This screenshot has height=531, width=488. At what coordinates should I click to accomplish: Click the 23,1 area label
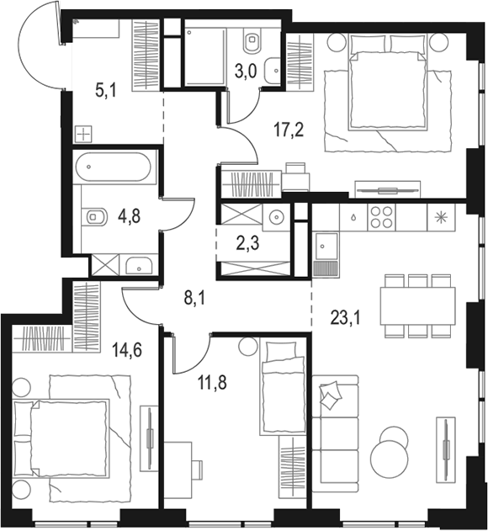pos(346,318)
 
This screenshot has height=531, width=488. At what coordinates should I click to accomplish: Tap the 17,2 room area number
pos(289,130)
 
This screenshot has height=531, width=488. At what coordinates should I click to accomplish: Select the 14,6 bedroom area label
pos(127,350)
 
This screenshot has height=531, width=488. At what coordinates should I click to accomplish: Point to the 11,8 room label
pos(212,383)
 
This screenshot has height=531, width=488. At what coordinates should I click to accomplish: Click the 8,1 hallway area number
pos(194,299)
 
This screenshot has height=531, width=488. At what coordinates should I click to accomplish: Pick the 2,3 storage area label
pos(248,243)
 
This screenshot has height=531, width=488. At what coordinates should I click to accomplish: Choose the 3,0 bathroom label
pos(246,72)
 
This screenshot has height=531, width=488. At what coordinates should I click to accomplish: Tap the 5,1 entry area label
pos(106,90)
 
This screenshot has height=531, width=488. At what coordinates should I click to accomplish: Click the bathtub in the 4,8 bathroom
pos(113,167)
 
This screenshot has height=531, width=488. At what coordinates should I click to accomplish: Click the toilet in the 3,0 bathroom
pos(252,40)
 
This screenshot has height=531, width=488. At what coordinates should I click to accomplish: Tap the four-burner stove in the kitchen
pos(381,217)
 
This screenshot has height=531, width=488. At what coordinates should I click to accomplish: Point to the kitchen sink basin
pos(325,247)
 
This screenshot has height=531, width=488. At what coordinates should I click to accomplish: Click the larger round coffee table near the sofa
pos(389,459)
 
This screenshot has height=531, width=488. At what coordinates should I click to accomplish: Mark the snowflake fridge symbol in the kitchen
pos(441,217)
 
